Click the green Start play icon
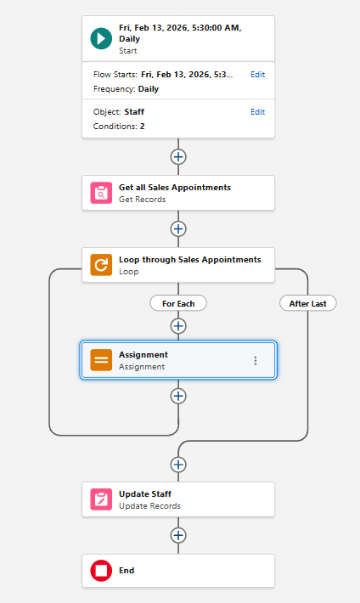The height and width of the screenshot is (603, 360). coord(101,38)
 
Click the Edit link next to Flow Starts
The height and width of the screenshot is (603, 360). coord(258,75)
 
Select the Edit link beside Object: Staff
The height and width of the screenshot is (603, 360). coord(258,112)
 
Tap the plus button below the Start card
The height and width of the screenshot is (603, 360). coord(178,157)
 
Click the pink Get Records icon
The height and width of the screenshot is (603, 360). coord(101,193)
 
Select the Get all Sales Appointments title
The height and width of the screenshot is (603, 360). coord(175,188)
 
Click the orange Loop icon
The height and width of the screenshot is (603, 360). coord(101,265)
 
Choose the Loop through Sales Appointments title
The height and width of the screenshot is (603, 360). coord(190,260)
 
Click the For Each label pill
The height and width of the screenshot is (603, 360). coord(178,303)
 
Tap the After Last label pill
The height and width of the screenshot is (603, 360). coord(307,303)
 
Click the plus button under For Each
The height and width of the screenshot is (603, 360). coord(178,326)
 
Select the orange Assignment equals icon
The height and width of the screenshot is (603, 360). coord(101,360)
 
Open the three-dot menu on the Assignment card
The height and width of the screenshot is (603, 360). coord(256,360)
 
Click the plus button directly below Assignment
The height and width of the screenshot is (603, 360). coord(178,396)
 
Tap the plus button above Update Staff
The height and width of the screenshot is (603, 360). coord(178,465)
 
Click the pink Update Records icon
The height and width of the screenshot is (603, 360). coord(101,499)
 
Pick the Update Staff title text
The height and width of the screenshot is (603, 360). coord(145,493)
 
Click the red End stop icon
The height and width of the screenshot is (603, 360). coord(101,571)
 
